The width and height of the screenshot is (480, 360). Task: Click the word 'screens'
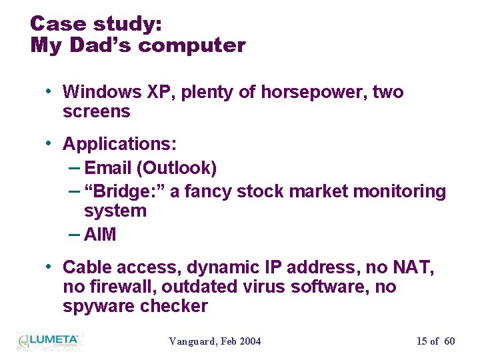pos(96,111)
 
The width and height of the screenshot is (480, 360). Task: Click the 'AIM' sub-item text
pos(100,235)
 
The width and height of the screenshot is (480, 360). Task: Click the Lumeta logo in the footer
pos(48,341)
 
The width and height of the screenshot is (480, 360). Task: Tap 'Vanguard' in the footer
pos(191,341)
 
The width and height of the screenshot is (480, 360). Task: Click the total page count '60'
pos(449,341)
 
